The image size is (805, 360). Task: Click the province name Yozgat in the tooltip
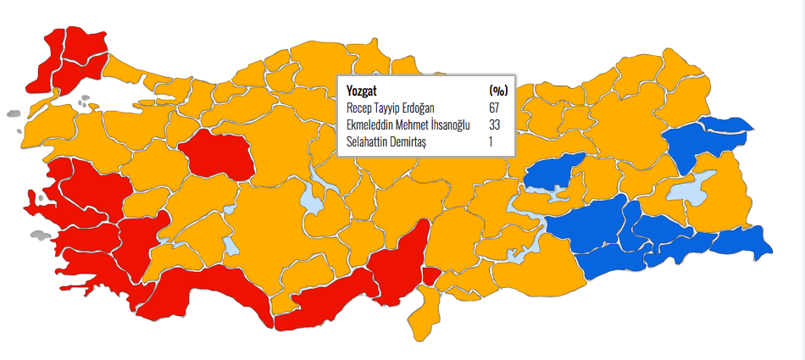(x=362, y=91)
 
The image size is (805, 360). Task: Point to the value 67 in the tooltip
(x=494, y=108)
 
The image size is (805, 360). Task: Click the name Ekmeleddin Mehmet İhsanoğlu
(x=408, y=125)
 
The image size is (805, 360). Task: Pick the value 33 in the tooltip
(x=494, y=125)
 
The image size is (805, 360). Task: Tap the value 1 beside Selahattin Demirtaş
(x=491, y=141)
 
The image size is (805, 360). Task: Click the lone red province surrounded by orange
(x=215, y=154)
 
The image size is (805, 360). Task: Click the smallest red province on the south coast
(x=430, y=276)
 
